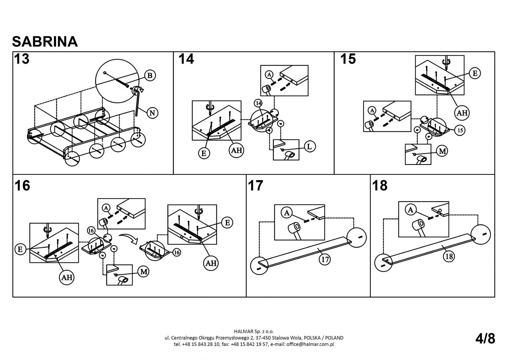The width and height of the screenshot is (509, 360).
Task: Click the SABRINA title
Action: (45, 41)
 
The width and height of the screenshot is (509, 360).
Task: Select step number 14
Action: (186, 59)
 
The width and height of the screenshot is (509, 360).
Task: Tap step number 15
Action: (348, 59)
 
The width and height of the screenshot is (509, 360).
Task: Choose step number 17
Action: (255, 186)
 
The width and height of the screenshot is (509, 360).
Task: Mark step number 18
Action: (380, 186)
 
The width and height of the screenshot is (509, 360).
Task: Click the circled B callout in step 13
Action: (150, 75)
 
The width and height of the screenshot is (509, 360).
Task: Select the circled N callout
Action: (153, 113)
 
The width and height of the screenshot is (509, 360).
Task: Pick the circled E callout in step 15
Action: (475, 73)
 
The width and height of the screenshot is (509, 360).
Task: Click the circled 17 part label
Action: (325, 260)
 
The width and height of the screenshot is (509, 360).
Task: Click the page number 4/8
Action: (485, 339)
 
